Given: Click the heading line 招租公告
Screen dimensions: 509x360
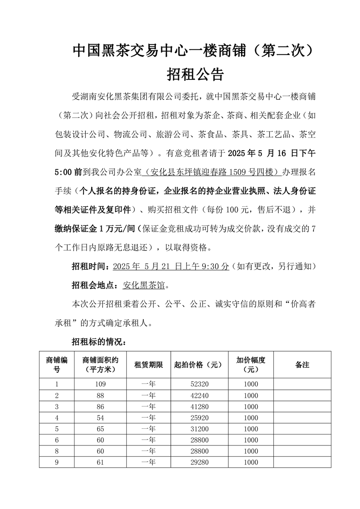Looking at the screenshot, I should click(x=195, y=74).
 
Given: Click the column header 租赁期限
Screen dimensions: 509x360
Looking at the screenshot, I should click(x=148, y=364).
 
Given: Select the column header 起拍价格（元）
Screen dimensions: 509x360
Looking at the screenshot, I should click(x=199, y=364).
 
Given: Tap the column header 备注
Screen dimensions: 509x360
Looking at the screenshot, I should click(x=302, y=364).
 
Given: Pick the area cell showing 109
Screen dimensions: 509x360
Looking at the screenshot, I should click(x=100, y=384).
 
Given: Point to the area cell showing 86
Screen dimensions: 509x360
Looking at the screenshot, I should click(x=100, y=406).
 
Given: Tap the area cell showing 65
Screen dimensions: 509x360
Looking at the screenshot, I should click(x=100, y=429).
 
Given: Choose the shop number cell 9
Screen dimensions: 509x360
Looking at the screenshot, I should click(x=57, y=462).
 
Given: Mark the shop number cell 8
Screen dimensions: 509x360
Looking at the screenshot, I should click(x=57, y=451).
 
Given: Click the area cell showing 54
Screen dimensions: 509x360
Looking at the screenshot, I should click(x=100, y=418).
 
